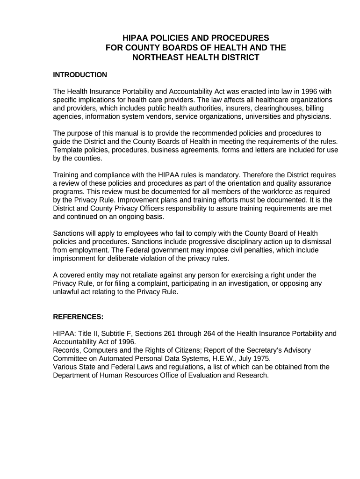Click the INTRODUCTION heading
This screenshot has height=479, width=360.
point(80,75)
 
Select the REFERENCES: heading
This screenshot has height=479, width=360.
point(78,317)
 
